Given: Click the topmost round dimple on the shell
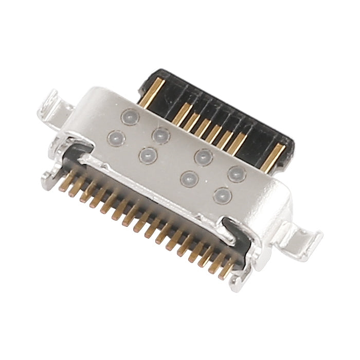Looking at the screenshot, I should (x=127, y=117).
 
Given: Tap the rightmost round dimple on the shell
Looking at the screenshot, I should (x=236, y=173).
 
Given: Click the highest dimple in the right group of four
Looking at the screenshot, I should (x=204, y=156).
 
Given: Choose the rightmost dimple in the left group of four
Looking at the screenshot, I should (x=161, y=134).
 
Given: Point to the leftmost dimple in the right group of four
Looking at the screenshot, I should (x=189, y=178).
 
